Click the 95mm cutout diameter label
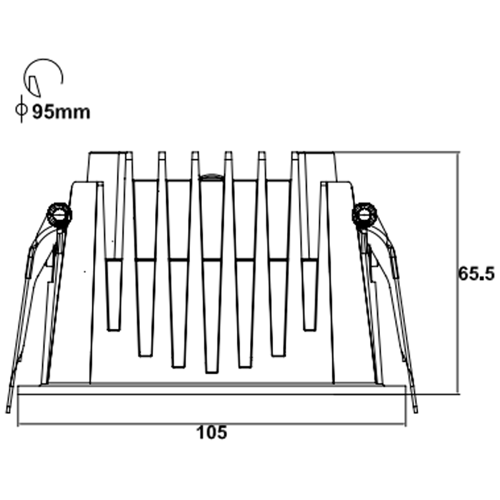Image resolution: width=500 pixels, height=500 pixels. (61, 112)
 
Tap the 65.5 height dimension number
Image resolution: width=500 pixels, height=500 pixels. (476, 274)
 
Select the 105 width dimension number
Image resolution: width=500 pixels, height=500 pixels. (212, 432)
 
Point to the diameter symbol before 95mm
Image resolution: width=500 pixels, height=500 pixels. (21, 109)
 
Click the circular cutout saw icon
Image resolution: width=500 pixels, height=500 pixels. (43, 77)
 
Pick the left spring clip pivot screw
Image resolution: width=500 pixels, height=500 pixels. (59, 214)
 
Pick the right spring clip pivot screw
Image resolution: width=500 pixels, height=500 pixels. (364, 214)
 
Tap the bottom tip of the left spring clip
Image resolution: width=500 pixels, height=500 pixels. (8, 411)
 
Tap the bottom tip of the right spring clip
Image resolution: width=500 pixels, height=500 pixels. (415, 411)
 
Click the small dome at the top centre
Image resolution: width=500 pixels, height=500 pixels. (211, 176)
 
